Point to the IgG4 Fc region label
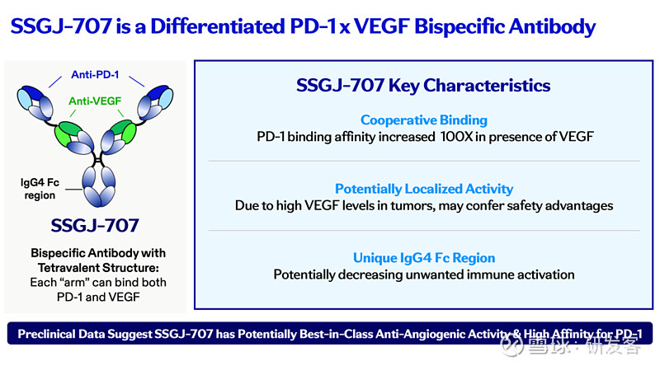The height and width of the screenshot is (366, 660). [40, 188]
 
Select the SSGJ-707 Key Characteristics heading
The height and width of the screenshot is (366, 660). [423, 85]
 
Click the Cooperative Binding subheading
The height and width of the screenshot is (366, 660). [423, 120]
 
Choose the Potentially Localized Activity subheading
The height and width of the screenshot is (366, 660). [423, 189]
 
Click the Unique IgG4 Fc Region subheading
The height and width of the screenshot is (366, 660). [423, 257]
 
